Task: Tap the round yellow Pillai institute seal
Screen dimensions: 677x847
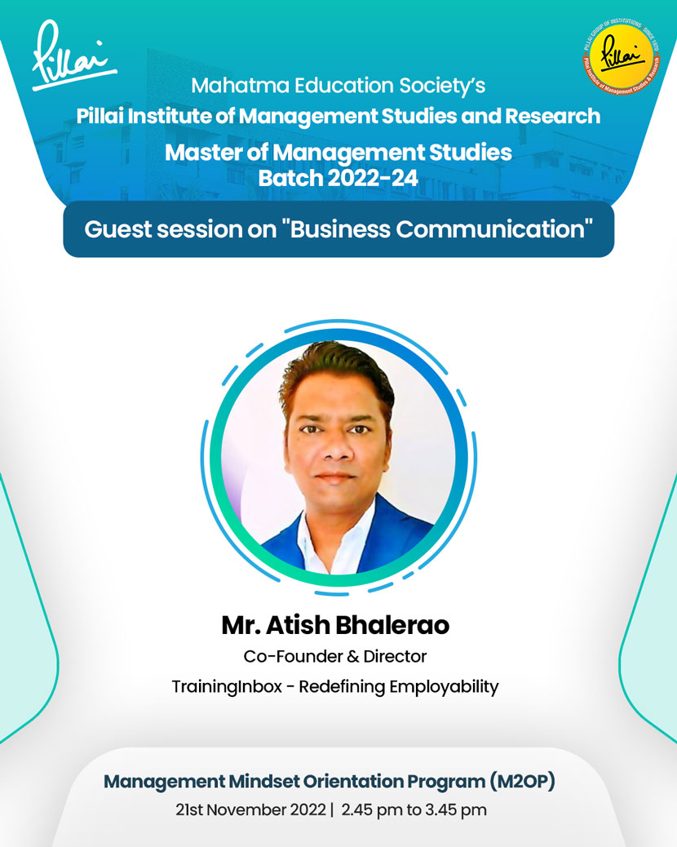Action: (622, 56)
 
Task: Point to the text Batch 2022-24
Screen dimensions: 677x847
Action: (338, 178)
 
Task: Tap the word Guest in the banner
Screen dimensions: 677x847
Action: (117, 229)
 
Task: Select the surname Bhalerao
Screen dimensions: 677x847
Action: (392, 625)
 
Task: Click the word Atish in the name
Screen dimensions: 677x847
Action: (298, 625)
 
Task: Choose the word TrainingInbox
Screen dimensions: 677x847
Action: (227, 686)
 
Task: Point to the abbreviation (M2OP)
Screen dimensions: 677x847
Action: (522, 782)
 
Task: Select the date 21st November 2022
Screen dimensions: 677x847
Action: (250, 810)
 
